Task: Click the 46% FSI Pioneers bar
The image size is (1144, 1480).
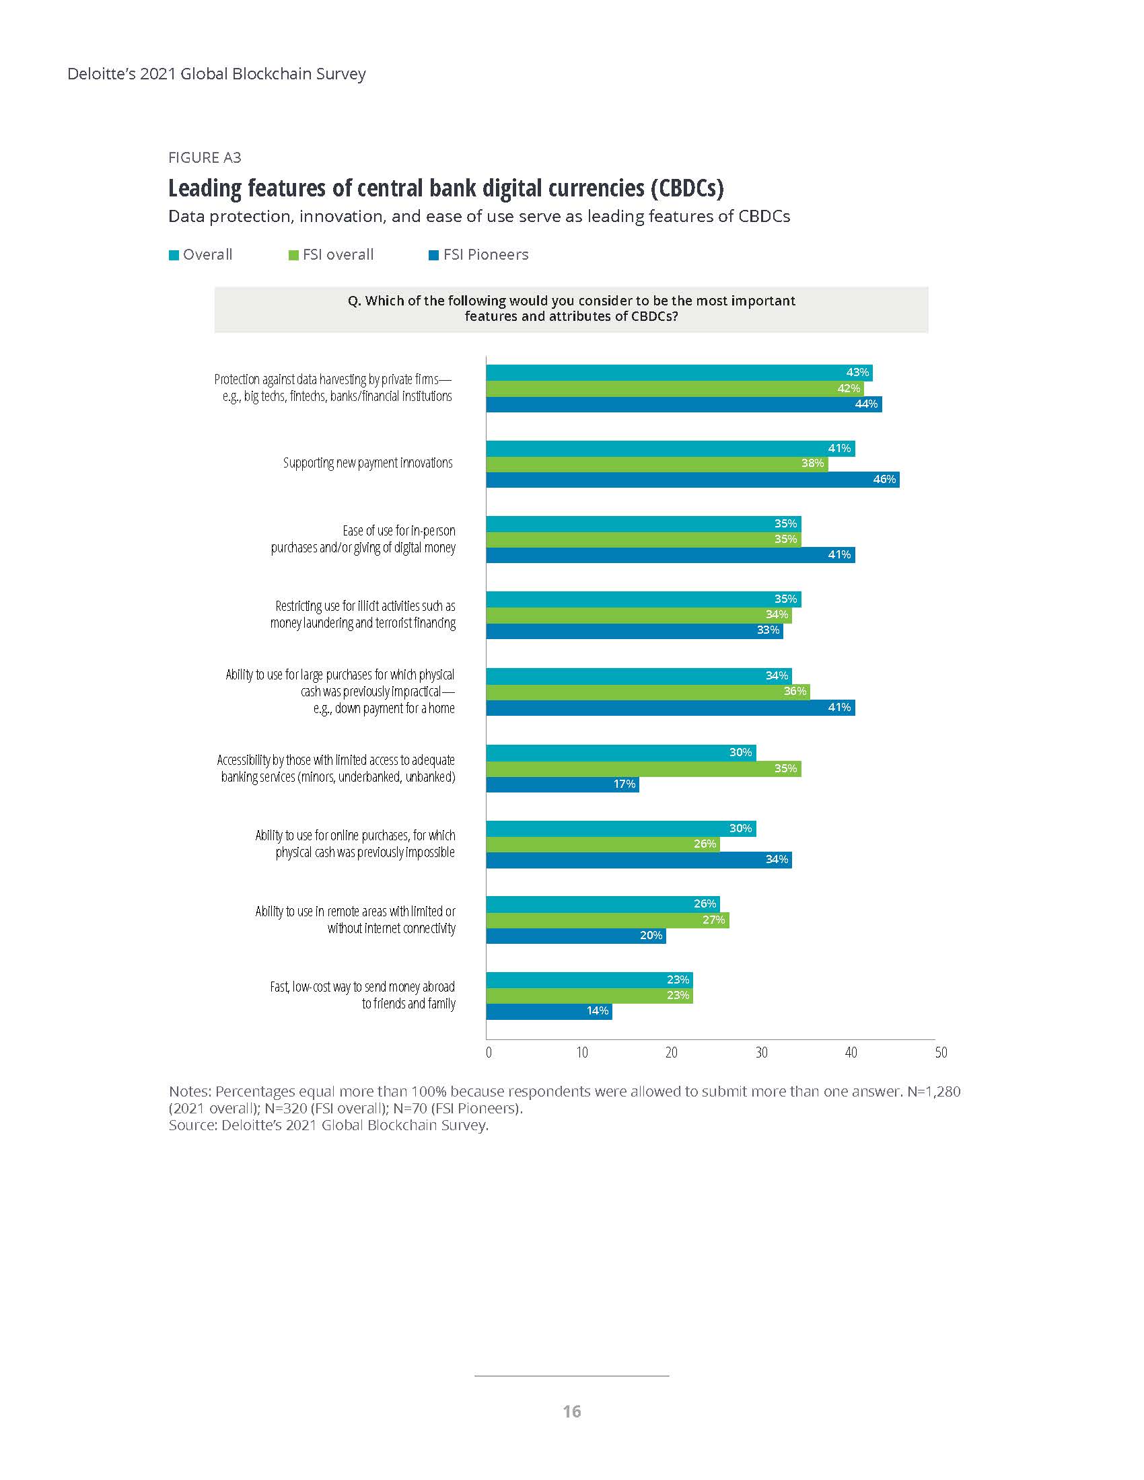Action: point(692,480)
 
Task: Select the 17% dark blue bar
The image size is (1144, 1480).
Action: point(562,784)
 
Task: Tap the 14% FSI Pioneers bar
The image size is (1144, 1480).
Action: point(548,1011)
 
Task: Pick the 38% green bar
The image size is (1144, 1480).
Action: point(656,464)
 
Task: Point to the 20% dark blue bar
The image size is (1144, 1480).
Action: point(575,936)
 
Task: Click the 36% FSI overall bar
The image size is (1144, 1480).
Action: point(647,691)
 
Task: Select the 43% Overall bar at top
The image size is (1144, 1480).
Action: point(678,373)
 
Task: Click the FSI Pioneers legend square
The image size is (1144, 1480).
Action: point(434,256)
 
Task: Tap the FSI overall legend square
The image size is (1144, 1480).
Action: point(293,256)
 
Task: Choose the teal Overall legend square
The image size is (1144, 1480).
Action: point(174,256)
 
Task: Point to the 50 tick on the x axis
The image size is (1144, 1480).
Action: point(941,1052)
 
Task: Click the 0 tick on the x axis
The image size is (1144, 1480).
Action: point(489,1052)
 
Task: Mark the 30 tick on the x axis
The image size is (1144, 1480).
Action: point(761,1052)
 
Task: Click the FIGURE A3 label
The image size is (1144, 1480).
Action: point(205,158)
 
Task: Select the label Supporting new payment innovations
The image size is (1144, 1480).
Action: point(367,464)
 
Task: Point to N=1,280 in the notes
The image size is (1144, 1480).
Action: point(934,1092)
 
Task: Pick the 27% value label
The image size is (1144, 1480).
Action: point(713,920)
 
